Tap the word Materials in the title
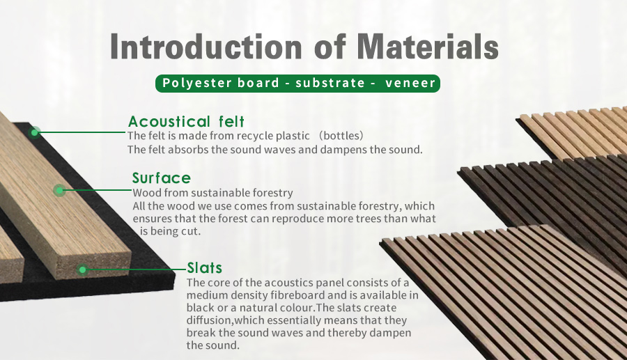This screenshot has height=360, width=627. click(x=427, y=47)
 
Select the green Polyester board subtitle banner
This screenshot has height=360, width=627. click(x=297, y=83)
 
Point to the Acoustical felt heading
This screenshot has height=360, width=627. click(x=186, y=121)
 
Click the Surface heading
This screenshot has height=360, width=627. click(x=161, y=178)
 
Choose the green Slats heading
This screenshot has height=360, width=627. click(x=204, y=267)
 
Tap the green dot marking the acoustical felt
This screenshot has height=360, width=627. click(x=35, y=132)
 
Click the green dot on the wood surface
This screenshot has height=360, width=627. click(x=60, y=190)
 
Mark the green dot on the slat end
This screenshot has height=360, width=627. click(x=82, y=269)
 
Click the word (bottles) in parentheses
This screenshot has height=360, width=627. click(x=341, y=136)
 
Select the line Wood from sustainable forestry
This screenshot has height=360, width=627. click(x=212, y=193)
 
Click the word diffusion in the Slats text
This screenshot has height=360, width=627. click(x=210, y=320)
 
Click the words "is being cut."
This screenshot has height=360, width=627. click(x=170, y=231)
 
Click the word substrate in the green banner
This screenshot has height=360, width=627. click(x=330, y=83)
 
